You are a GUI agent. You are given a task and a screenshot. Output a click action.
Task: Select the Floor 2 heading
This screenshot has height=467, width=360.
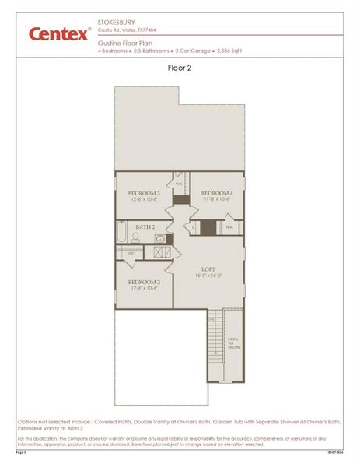(180, 68)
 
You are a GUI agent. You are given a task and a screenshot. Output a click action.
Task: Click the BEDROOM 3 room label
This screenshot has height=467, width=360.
(144, 193)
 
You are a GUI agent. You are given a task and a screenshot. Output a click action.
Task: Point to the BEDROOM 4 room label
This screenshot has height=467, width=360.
(217, 193)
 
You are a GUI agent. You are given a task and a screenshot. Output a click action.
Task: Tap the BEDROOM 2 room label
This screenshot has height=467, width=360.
(144, 281)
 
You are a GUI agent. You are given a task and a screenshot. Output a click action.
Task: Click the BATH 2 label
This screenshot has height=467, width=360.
(146, 226)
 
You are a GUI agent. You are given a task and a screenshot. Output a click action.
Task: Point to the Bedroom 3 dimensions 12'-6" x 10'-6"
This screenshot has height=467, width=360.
(144, 200)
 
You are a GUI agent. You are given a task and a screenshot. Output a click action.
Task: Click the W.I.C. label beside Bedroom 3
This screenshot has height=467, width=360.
(179, 184)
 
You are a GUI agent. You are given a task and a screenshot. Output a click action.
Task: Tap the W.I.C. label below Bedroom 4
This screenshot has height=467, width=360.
(229, 227)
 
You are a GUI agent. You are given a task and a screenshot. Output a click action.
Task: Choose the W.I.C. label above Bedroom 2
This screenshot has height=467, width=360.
(131, 253)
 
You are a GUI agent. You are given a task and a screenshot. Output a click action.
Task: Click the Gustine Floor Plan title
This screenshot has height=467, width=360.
(124, 45)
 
